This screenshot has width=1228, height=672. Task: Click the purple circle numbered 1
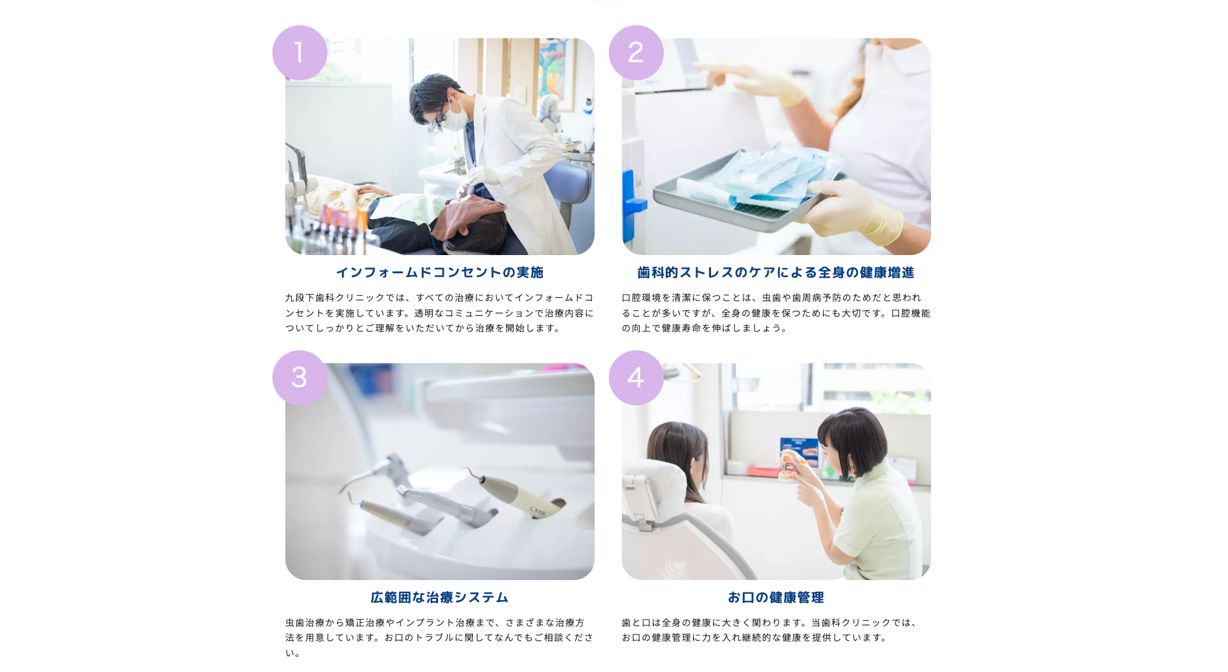click(x=300, y=52)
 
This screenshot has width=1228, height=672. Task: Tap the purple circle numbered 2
click(x=636, y=52)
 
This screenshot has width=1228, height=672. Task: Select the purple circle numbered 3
click(x=300, y=377)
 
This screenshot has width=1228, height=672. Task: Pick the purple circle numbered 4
click(x=636, y=377)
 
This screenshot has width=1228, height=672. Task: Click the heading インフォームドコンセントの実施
click(x=439, y=273)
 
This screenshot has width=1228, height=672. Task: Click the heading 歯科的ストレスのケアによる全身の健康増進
click(x=776, y=273)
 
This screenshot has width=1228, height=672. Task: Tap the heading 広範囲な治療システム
click(x=439, y=598)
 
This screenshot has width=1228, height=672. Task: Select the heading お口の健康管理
click(x=776, y=598)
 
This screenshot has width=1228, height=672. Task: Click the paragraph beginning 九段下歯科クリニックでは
click(x=439, y=313)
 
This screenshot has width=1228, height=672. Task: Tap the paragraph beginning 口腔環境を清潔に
click(x=776, y=313)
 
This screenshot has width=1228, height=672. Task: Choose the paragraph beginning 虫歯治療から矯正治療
click(x=439, y=638)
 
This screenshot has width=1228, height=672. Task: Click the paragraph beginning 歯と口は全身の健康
click(x=770, y=630)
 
